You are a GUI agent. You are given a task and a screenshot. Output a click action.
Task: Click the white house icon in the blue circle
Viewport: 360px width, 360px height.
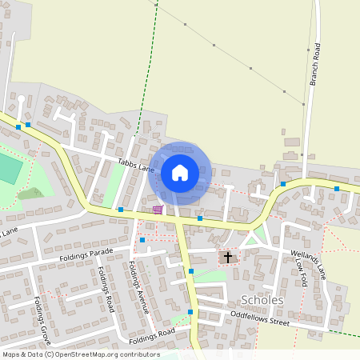pyautogui.click(x=180, y=172)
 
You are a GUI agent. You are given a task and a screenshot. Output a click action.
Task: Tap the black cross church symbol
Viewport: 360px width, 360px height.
pyautogui.click(x=228, y=258)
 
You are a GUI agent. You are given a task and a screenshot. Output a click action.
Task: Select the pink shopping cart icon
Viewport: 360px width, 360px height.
pyautogui.click(x=158, y=210)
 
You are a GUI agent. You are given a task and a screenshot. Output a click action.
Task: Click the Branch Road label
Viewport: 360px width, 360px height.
pyautogui.click(x=316, y=63)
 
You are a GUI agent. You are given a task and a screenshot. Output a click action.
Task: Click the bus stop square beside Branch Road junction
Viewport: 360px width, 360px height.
pyautogui.click(x=283, y=184)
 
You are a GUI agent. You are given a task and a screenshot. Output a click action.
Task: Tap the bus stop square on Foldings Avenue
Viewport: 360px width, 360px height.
pyautogui.click(x=142, y=240)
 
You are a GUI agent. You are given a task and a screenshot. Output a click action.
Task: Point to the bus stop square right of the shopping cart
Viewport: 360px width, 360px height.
pyautogui.click(x=200, y=218)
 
